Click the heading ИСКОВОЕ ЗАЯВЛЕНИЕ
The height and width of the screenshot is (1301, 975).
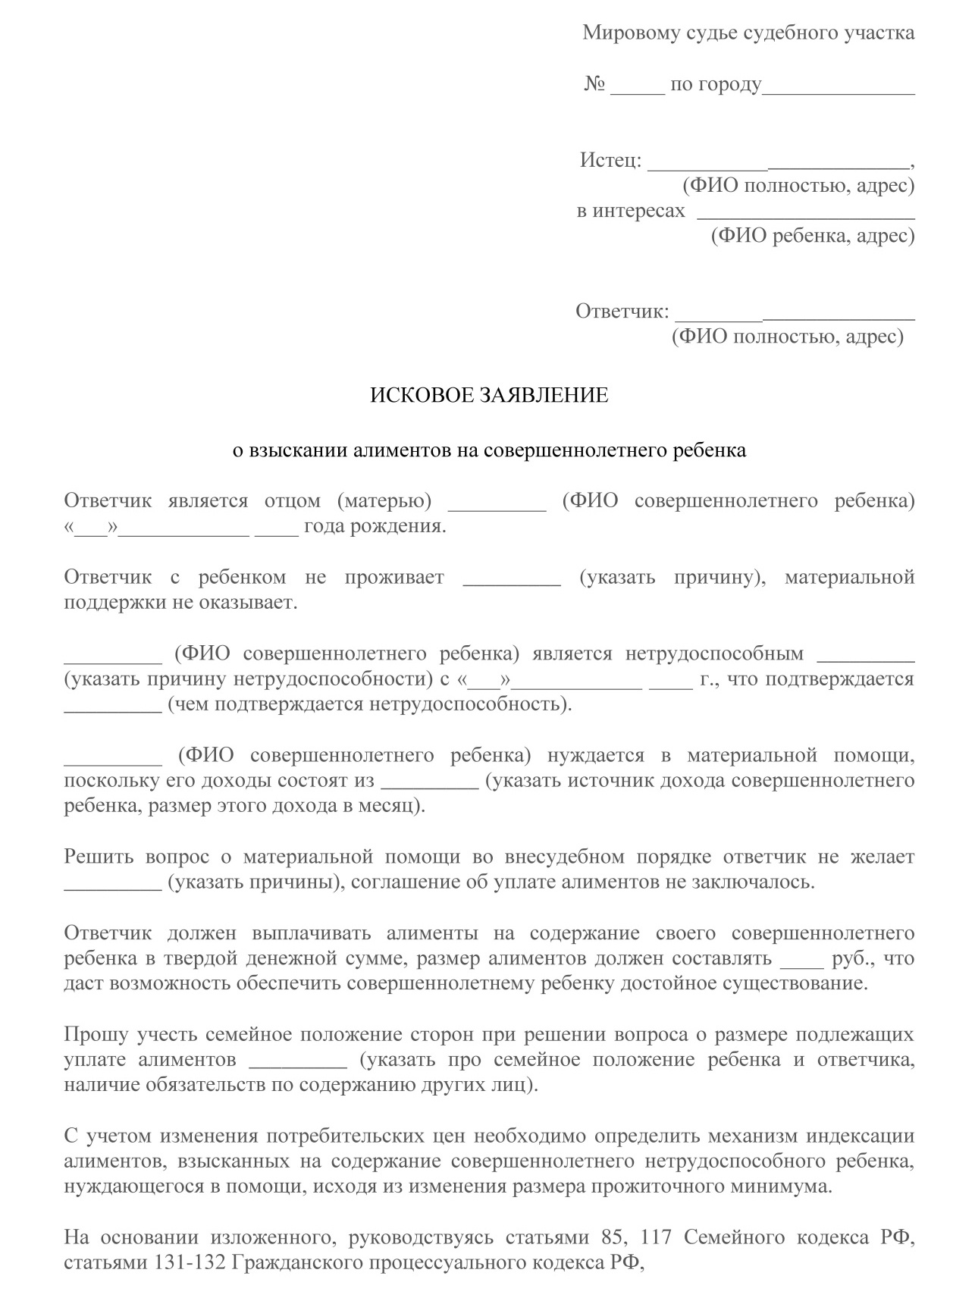point(489,395)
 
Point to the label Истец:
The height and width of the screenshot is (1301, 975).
point(610,160)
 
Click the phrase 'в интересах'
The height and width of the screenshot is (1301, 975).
point(631,211)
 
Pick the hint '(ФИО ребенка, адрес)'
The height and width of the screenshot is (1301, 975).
point(813,236)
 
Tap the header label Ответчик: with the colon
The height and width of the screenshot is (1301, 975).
point(622,311)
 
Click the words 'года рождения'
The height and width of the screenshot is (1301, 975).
point(375,526)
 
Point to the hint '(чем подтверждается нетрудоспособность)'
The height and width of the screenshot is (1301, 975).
point(370,704)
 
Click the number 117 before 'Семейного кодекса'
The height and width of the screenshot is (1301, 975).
point(656,1238)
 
